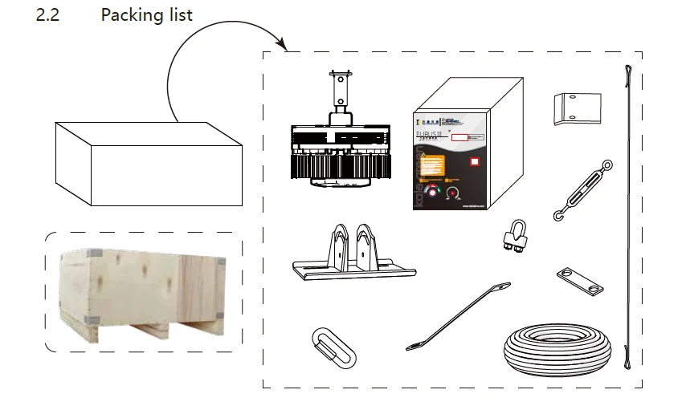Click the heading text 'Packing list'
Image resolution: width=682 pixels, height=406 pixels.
pyautogui.click(x=146, y=15)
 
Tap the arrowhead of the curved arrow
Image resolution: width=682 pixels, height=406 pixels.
pyautogui.click(x=283, y=43)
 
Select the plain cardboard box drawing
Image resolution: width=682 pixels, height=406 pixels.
pyautogui.click(x=149, y=164)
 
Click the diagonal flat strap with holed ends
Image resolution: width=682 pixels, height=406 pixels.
pyautogui.click(x=458, y=315)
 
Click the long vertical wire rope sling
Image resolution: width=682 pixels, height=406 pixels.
pyautogui.click(x=627, y=217)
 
